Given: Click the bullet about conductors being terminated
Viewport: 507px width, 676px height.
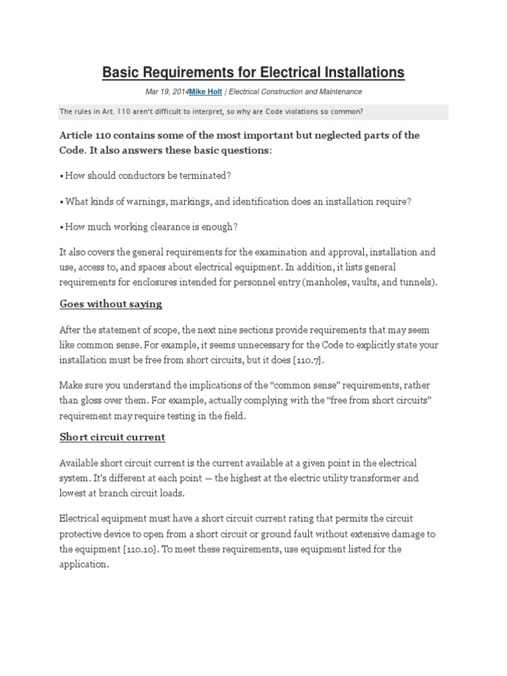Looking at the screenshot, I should point(145,176).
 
